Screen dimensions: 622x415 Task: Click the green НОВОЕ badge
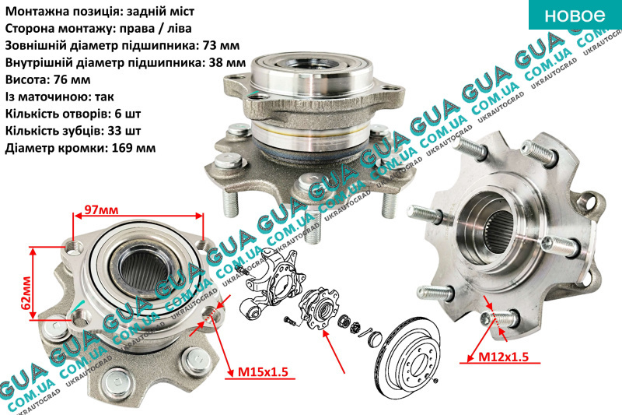[575, 15]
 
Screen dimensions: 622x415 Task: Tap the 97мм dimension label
[102, 209]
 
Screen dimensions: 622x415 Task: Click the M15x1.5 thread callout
[262, 372]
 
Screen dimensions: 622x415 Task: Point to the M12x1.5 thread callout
[503, 357]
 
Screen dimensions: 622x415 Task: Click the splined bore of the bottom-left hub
[144, 271]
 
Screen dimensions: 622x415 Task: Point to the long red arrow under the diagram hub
[334, 351]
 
